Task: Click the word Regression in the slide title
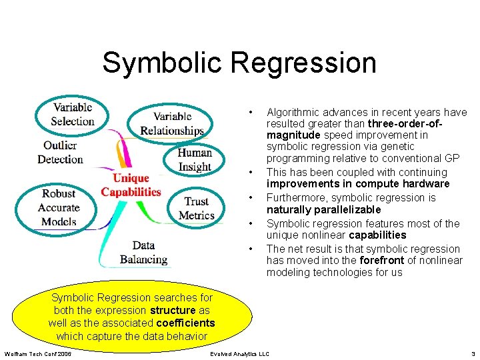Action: pyautogui.click(x=303, y=63)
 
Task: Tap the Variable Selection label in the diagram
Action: pyautogui.click(x=73, y=114)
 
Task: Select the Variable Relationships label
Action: pyautogui.click(x=172, y=123)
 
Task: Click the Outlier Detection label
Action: pyautogui.click(x=60, y=152)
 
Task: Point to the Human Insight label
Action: pyautogui.click(x=195, y=160)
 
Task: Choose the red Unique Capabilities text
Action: pyautogui.click(x=131, y=185)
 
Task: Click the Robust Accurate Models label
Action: pyautogui.click(x=59, y=207)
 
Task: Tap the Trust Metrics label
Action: pyautogui.click(x=197, y=208)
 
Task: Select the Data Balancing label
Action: pyautogui.click(x=143, y=253)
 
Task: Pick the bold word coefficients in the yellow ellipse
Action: pyautogui.click(x=185, y=323)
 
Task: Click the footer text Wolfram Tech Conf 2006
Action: pyautogui.click(x=38, y=353)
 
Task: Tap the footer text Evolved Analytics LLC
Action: pyautogui.click(x=239, y=353)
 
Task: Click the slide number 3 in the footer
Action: pyautogui.click(x=473, y=353)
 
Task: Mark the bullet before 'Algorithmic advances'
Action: pyautogui.click(x=250, y=112)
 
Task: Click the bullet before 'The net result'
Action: pyautogui.click(x=250, y=249)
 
